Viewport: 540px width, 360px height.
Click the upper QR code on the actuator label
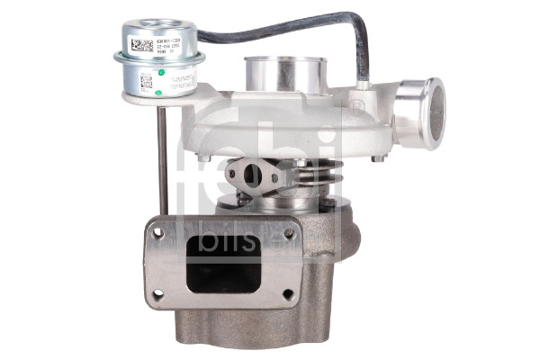(141, 44)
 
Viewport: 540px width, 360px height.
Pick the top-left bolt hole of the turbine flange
(158, 233)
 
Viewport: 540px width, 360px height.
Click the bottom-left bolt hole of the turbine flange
(158, 293)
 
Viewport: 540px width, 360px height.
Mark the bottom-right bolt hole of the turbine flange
(288, 293)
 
